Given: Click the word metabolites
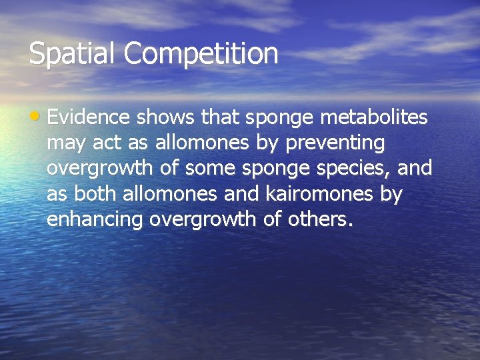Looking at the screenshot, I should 374,117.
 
